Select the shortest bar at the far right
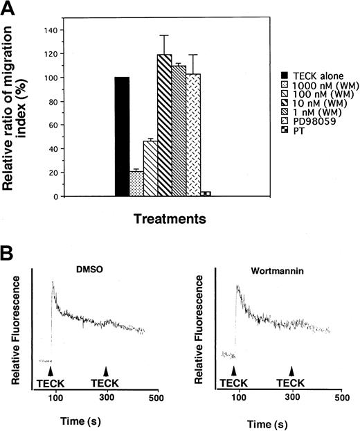tap(206, 193)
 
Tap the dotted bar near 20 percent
tap(136, 184)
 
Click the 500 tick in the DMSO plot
tap(156, 397)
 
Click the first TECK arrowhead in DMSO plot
tap(53, 371)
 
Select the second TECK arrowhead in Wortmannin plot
tap(291, 371)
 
